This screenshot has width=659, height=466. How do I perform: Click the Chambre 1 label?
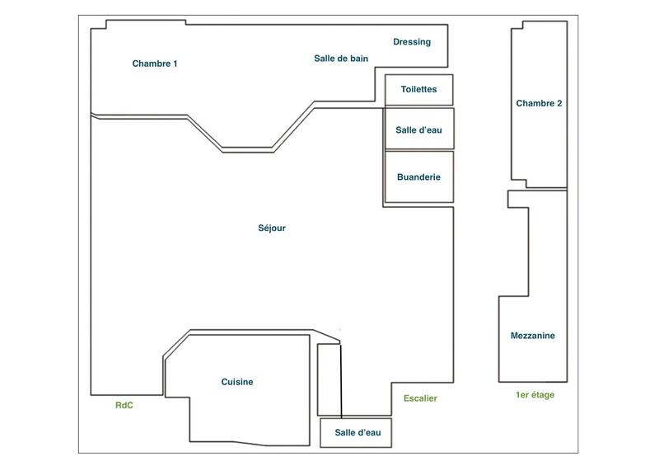(155, 64)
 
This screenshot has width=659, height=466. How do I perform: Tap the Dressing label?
(412, 42)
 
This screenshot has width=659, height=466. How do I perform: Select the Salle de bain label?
(341, 59)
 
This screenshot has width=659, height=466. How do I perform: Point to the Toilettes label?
(418, 89)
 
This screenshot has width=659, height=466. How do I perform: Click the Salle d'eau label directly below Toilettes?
(418, 130)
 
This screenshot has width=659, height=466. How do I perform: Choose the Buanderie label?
(418, 177)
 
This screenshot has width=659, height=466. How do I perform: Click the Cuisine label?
(237, 382)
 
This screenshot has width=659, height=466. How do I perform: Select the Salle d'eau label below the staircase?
(356, 433)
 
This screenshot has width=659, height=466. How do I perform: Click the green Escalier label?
(420, 399)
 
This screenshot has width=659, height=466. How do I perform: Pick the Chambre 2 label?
(539, 104)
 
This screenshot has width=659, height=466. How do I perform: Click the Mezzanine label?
(532, 336)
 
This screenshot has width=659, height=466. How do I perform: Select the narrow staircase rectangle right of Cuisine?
(329, 379)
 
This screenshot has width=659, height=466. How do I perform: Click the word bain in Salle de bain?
(358, 59)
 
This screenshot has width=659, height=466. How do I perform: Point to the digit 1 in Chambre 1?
(175, 64)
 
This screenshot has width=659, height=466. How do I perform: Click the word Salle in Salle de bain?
(325, 59)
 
